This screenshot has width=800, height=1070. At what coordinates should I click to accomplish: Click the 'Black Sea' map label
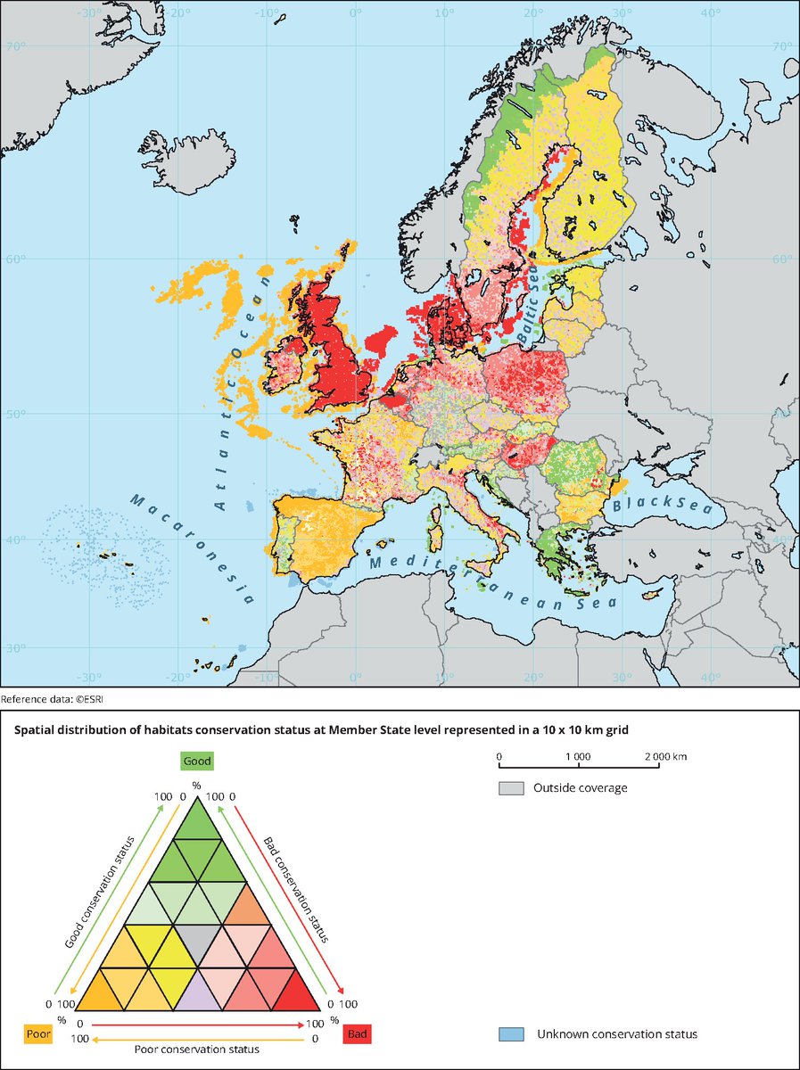click(656, 506)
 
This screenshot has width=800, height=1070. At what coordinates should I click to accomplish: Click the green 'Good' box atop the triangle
click(197, 761)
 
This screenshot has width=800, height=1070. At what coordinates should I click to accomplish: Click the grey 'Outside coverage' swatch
click(511, 788)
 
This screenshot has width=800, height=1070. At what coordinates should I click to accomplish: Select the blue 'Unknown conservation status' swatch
click(511, 1034)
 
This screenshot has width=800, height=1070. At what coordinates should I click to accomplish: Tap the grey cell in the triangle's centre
click(197, 938)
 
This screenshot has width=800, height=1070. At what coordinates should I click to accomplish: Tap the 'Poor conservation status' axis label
click(197, 1050)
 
